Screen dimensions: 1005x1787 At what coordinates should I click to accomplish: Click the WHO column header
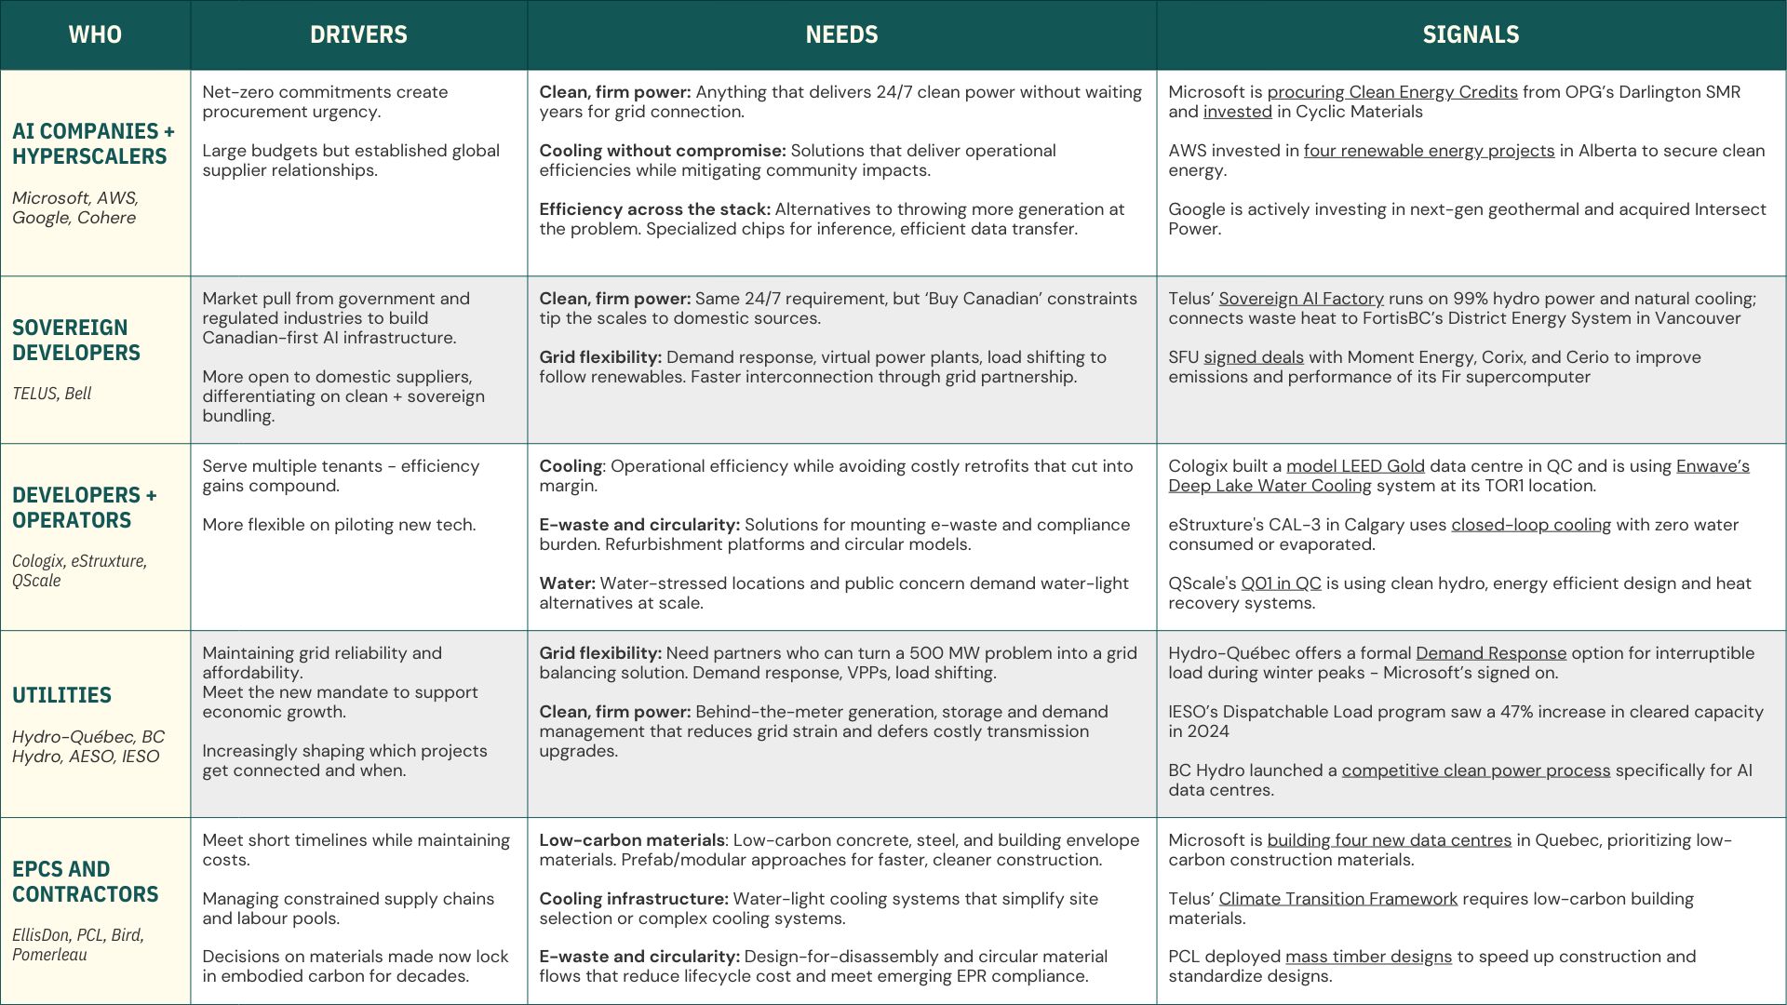coord(95,34)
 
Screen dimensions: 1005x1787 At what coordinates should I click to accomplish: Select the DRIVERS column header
coord(358,34)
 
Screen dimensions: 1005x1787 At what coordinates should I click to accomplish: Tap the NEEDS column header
coord(841,34)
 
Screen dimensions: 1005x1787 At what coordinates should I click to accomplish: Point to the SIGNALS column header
coord(1471,34)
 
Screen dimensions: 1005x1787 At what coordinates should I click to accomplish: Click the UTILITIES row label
coord(61,695)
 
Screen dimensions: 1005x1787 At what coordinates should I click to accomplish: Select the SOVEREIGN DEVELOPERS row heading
coord(76,341)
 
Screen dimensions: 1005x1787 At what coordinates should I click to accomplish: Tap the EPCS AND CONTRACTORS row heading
coord(85,881)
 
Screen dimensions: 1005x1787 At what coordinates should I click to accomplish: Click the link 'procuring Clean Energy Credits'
coord(1391,92)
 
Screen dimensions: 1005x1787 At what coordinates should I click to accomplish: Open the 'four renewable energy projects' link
coord(1429,151)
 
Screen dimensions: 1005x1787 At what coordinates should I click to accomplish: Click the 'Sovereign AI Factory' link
coord(1300,299)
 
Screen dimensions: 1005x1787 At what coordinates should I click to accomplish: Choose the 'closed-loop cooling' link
coord(1530,525)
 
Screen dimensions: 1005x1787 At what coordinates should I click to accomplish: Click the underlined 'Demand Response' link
coord(1490,653)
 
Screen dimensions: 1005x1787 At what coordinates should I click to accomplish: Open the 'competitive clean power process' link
coord(1475,770)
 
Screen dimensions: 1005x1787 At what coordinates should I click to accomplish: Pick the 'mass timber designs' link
coord(1367,957)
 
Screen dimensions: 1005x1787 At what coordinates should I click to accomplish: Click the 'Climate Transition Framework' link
coord(1337,899)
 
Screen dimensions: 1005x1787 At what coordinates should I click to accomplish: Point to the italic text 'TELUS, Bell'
coord(52,394)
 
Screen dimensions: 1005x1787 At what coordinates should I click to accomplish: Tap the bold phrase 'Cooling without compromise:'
coord(662,151)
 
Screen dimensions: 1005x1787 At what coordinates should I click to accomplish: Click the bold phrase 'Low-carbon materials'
coord(631,840)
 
